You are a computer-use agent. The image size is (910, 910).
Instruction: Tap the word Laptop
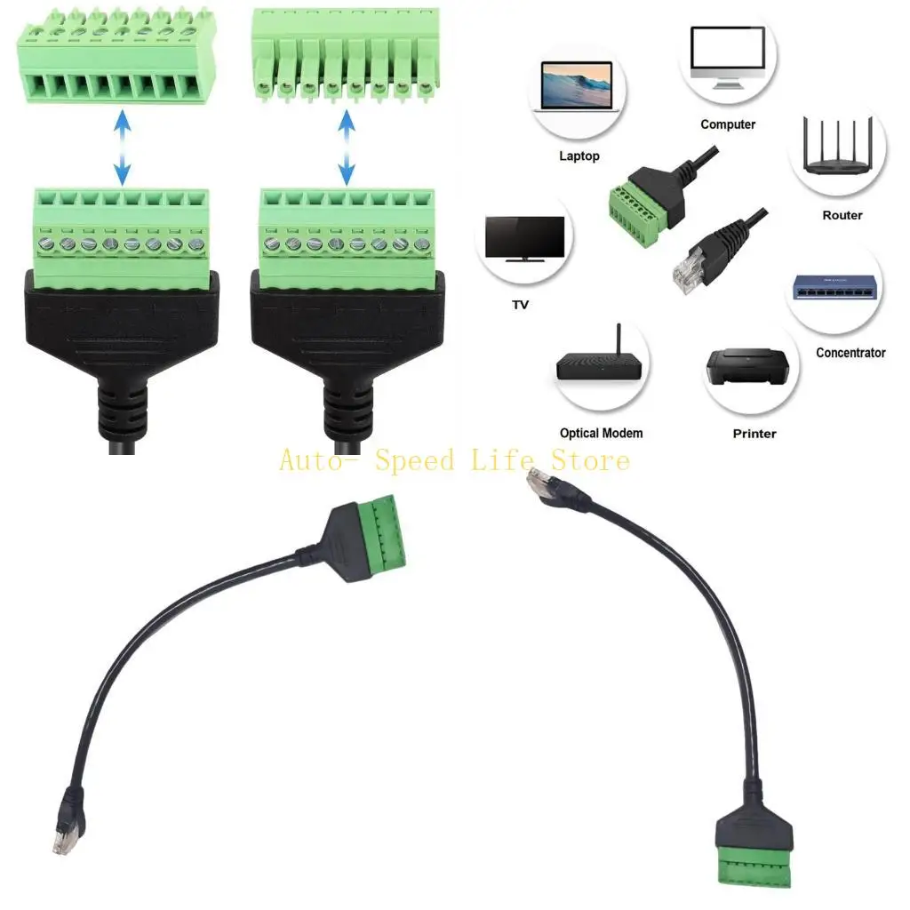pyautogui.click(x=579, y=156)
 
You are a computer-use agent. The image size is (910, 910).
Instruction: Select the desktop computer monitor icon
pyautogui.click(x=728, y=57)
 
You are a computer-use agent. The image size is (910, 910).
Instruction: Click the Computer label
pyautogui.click(x=728, y=124)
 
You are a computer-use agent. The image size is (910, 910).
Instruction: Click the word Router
pyautogui.click(x=842, y=215)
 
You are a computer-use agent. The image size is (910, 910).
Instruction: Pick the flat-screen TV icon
pyautogui.click(x=523, y=240)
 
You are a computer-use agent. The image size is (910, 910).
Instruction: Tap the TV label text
pyautogui.click(x=521, y=305)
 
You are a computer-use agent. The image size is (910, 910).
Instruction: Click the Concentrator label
pyautogui.click(x=850, y=353)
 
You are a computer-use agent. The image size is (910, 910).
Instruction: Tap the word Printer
pyautogui.click(x=754, y=434)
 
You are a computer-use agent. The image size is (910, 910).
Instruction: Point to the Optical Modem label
pyautogui.click(x=602, y=434)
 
